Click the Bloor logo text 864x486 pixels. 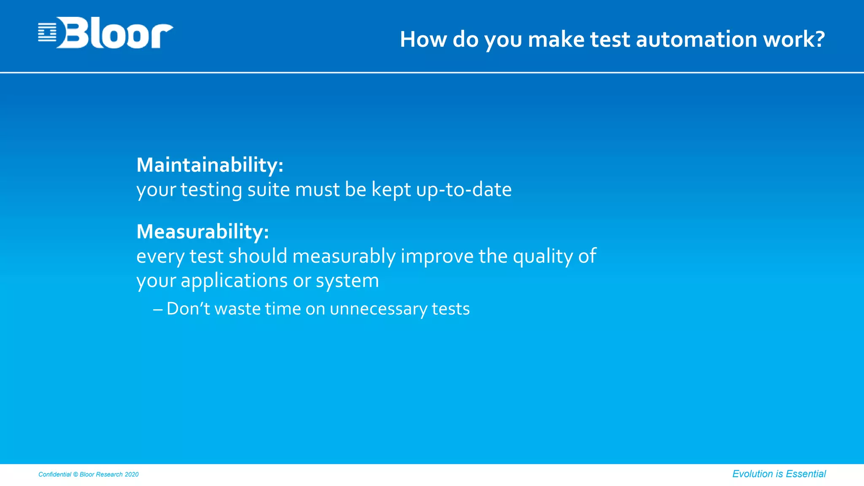pyautogui.click(x=115, y=33)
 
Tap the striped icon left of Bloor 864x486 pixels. pyautogui.click(x=47, y=32)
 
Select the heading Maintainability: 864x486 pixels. pyautogui.click(x=210, y=165)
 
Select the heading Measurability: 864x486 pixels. pyautogui.click(x=202, y=232)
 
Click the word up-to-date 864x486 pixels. pyautogui.click(x=464, y=190)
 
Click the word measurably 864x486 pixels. pyautogui.click(x=344, y=256)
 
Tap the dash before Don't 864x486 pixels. pyautogui.click(x=158, y=309)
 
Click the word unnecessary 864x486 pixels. pyautogui.click(x=378, y=309)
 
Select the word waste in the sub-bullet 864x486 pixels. pyautogui.click(x=238, y=309)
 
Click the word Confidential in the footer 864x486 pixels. pyautogui.click(x=55, y=475)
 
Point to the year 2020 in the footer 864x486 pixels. pyautogui.click(x=132, y=475)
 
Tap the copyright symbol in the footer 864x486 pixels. pyautogui.click(x=76, y=475)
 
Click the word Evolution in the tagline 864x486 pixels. pyautogui.click(x=752, y=474)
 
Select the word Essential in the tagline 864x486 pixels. pyautogui.click(x=806, y=474)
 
